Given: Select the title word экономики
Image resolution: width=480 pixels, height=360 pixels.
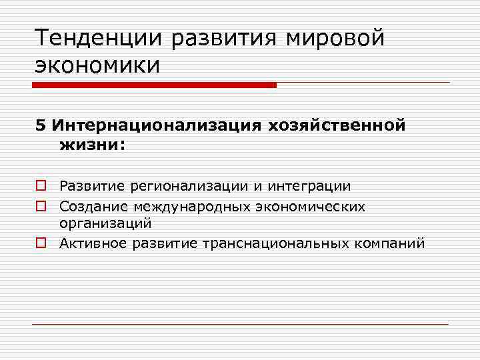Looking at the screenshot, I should click(x=98, y=65).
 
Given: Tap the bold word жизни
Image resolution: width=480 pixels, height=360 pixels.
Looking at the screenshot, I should click(x=89, y=145).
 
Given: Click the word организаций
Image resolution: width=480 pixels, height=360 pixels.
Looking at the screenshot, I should click(x=105, y=225).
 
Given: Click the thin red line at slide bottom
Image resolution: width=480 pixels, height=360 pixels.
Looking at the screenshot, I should click(x=240, y=325).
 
